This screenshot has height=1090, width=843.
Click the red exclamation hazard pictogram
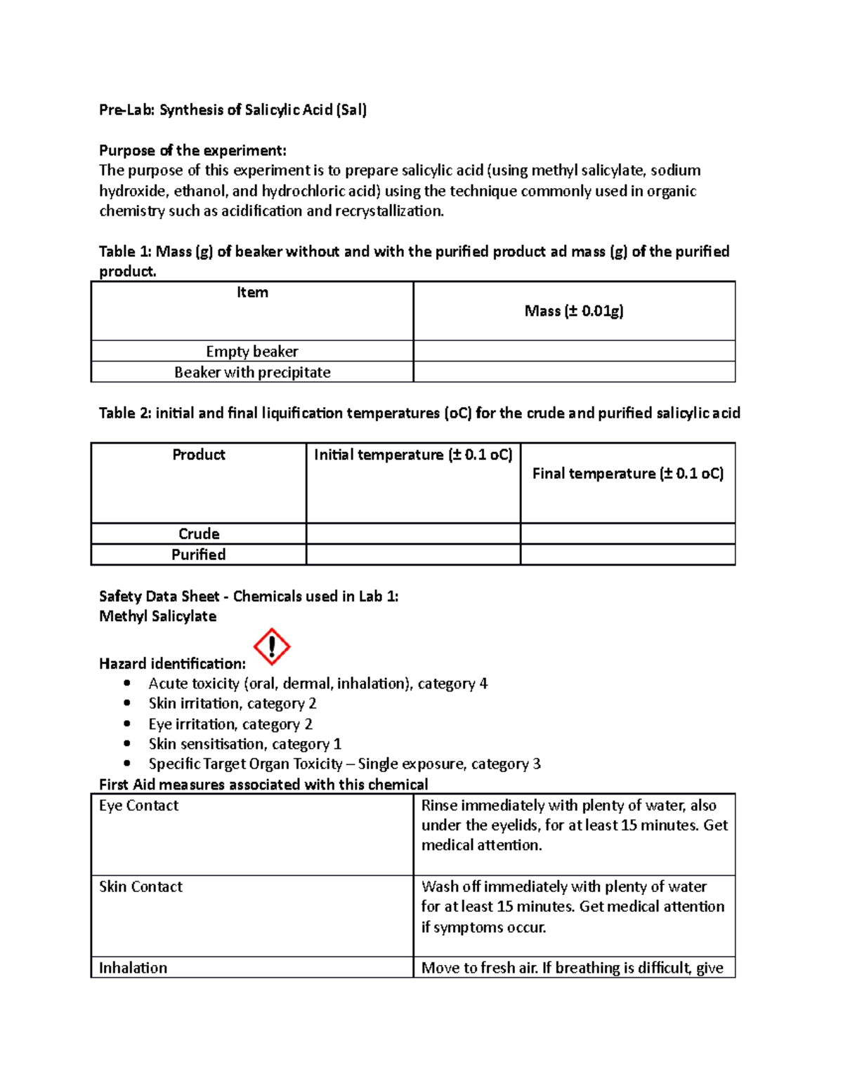272,646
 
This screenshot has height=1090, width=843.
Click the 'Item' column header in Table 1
252,293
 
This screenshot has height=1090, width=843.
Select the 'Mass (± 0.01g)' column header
574,311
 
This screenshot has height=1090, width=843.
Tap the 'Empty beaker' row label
252,351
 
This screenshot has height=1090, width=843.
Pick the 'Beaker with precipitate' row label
252,372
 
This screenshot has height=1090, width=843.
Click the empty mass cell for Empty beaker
574,351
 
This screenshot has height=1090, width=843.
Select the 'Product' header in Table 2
199,455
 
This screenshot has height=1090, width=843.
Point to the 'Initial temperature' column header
413,455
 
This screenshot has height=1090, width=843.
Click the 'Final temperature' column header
627,474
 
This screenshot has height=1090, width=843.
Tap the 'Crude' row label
199,533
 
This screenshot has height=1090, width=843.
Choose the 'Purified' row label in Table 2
199,554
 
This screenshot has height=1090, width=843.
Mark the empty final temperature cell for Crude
627,533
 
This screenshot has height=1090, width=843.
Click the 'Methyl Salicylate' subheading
157,616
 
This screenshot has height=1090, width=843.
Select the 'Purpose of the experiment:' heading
192,150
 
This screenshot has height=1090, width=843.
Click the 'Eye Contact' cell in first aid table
139,806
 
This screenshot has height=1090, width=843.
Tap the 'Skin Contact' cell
140,887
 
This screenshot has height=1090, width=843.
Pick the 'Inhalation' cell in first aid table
133,968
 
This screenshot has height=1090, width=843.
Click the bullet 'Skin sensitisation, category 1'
244,744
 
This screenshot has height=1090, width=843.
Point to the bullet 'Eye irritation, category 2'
230,724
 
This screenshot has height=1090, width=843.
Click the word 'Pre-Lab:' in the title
127,109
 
